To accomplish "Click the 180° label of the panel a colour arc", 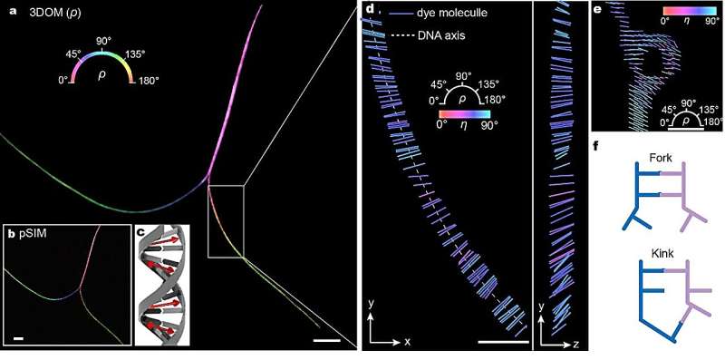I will click(145, 81).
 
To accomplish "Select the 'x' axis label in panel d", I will click(408, 342).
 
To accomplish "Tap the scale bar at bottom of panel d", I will click(502, 342).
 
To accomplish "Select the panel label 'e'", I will click(597, 10).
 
